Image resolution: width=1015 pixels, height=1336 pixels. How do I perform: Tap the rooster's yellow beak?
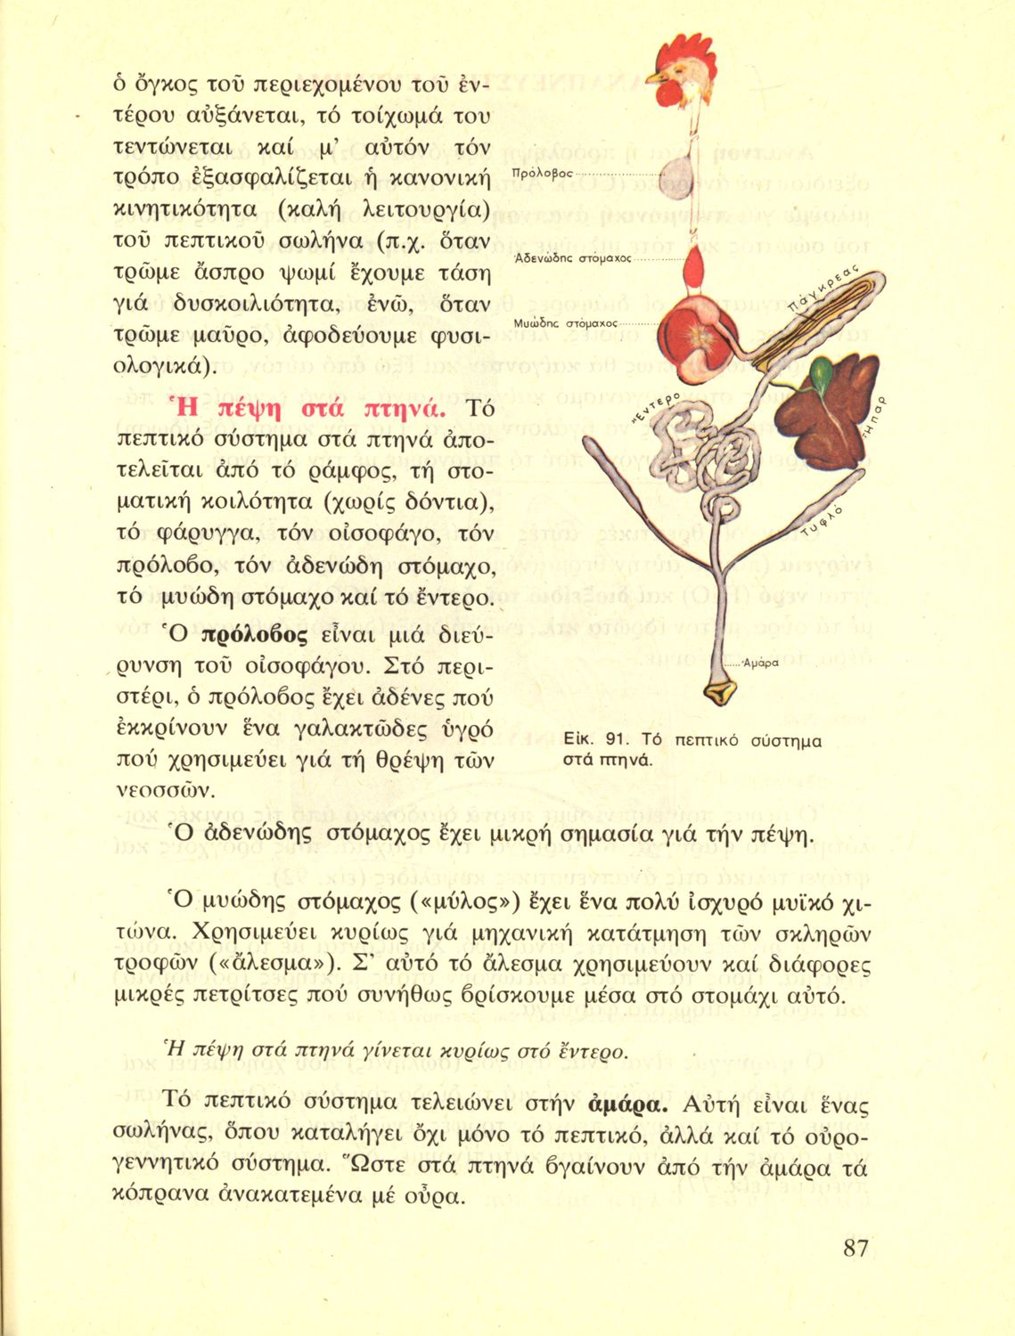(655, 78)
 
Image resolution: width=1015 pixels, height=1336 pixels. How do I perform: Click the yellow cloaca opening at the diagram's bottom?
(733, 690)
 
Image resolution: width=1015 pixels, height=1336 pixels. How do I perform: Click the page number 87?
(855, 1248)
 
